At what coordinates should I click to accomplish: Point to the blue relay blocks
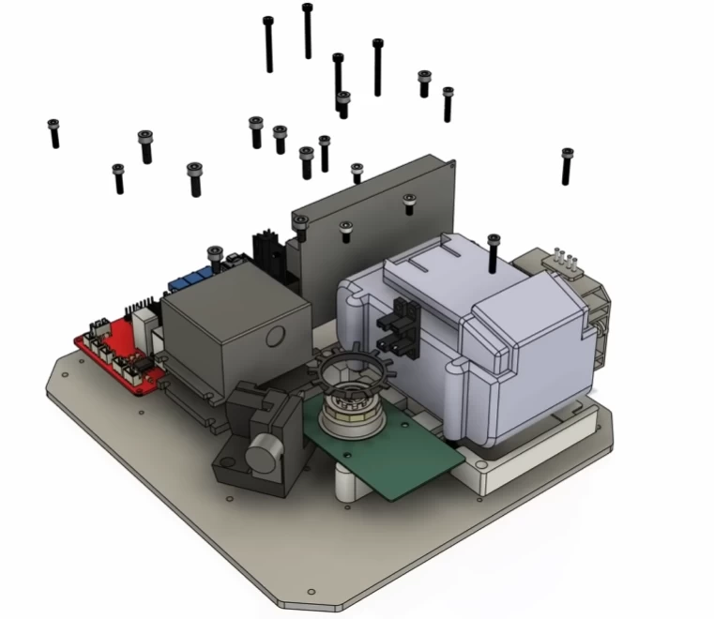[x=192, y=278]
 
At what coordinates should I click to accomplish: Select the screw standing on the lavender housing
[x=494, y=252]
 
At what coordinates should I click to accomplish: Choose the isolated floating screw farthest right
[x=567, y=165]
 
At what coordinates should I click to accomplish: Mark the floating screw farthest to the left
[x=53, y=133]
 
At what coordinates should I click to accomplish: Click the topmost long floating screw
[x=307, y=29]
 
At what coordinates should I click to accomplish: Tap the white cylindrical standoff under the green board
[x=351, y=482]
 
